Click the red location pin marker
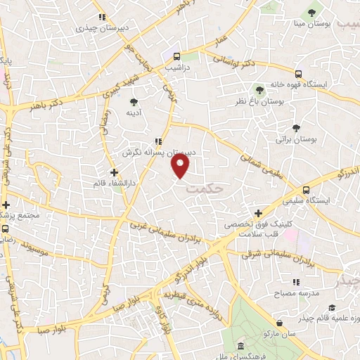tap(181, 166)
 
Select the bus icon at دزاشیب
tap(176, 56)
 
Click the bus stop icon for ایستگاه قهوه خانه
tap(299, 73)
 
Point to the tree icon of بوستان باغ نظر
tap(259, 90)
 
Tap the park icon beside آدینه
tap(134, 102)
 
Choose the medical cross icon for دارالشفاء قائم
tap(114, 172)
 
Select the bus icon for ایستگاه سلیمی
tap(306, 190)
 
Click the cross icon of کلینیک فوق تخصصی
tap(259, 213)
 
